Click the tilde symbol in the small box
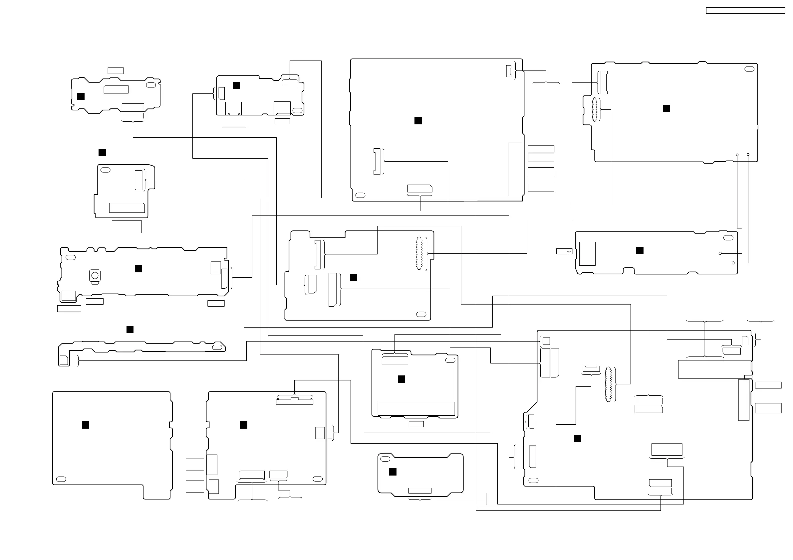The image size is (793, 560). [569, 251]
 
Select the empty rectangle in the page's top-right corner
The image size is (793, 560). [745, 11]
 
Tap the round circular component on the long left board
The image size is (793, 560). [95, 275]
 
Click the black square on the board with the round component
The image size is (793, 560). [138, 269]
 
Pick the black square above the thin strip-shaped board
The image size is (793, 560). [130, 330]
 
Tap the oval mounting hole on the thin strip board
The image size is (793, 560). [217, 347]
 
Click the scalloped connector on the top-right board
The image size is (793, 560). [594, 110]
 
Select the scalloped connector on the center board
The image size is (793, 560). [419, 254]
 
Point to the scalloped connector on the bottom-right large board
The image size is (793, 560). [608, 384]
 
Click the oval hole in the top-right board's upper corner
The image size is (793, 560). [749, 69]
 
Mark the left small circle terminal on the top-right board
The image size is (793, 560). [737, 155]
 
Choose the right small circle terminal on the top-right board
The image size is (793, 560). [748, 155]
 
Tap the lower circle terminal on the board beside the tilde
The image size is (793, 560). [733, 263]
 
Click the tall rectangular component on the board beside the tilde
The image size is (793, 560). [587, 254]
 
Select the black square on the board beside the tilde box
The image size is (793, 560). [640, 251]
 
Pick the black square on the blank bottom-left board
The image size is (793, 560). [86, 425]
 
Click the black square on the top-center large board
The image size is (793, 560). [418, 121]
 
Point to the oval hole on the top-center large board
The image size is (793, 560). [360, 195]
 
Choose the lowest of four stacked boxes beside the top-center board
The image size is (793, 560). [541, 187]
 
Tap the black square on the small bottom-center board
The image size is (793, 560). [393, 472]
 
